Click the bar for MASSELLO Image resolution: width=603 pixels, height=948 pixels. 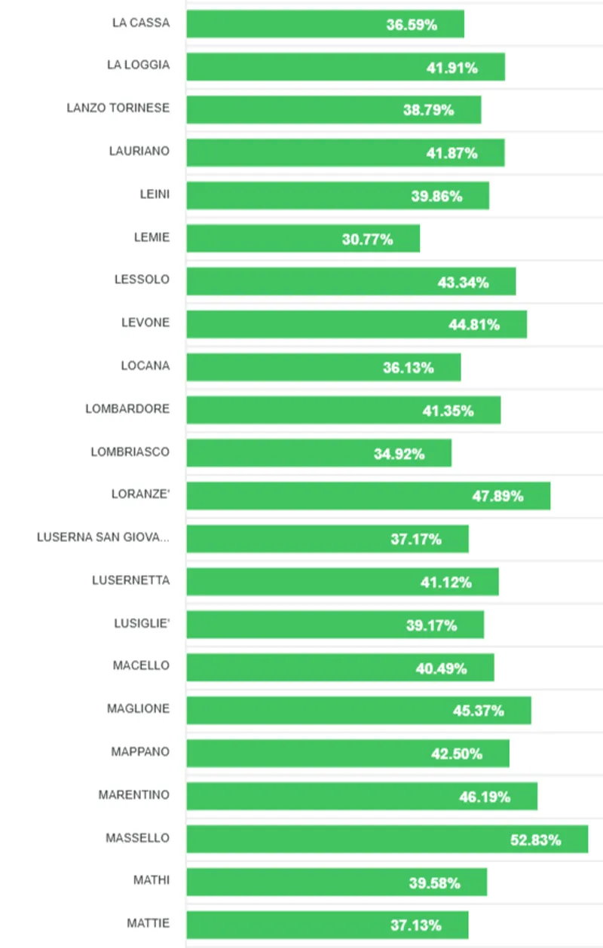point(387,839)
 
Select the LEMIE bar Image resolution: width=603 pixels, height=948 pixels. point(303,239)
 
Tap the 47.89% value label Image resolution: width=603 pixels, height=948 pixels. point(497,496)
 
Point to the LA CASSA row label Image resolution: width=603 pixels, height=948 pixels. point(141,23)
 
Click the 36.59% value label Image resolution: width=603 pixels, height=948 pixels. point(412,24)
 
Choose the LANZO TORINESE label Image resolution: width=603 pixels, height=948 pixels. point(118,108)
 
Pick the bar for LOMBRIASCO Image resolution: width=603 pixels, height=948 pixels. point(319,453)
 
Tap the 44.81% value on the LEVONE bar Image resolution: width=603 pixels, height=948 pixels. point(474,325)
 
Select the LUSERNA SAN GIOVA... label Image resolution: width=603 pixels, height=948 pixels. point(103,537)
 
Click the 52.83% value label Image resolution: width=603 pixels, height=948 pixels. point(535,839)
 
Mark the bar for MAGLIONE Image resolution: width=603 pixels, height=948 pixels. point(359,710)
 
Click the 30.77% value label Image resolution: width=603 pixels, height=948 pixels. point(367,240)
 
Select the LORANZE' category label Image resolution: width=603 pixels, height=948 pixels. point(140,495)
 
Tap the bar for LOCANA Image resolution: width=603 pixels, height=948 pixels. point(323,367)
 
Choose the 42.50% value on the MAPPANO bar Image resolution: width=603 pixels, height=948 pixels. point(457,754)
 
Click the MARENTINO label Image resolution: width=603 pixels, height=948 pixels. point(134,794)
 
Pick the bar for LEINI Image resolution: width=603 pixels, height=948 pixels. point(338,196)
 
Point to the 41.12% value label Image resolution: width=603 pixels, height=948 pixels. point(446,582)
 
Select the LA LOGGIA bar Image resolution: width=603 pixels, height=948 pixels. point(345,67)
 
